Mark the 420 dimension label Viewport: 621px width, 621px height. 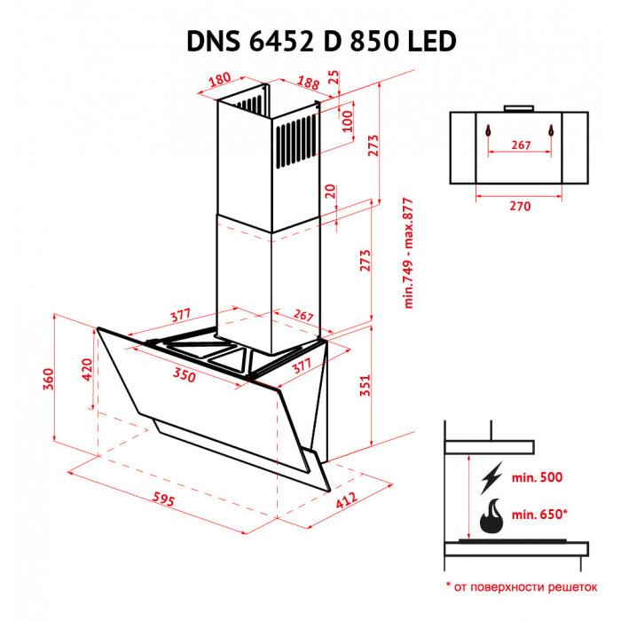(87, 369)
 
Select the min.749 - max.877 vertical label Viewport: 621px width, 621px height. (409, 252)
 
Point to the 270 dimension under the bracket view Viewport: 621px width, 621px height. (520, 206)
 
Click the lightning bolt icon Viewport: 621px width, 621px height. (491, 477)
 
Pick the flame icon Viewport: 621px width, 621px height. (491, 516)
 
